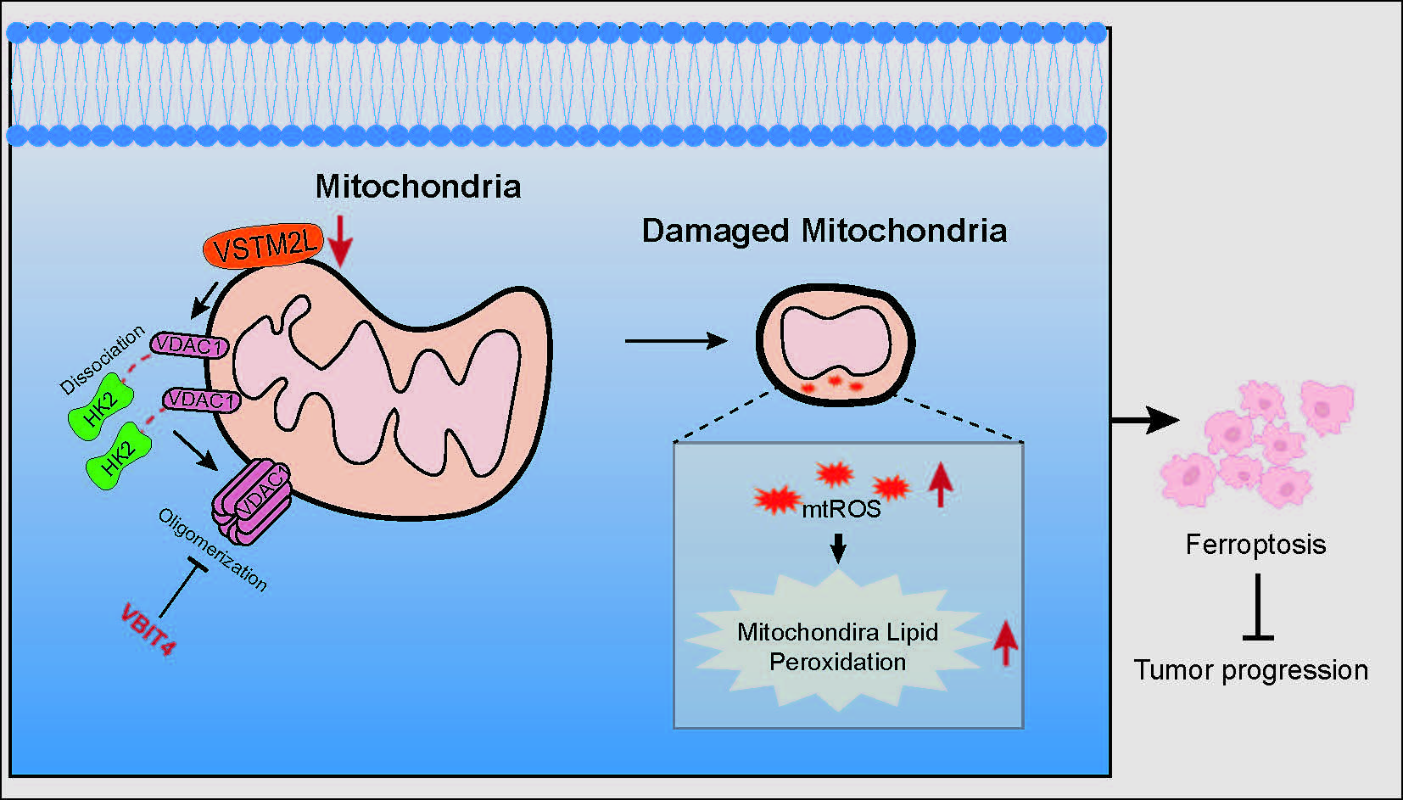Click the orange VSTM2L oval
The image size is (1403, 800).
[x=264, y=247]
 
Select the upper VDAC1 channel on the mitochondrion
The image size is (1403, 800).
[x=190, y=345]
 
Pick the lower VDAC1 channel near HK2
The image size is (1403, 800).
[x=202, y=399]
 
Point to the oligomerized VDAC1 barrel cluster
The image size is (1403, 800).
[x=252, y=500]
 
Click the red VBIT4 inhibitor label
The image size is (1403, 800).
[x=148, y=629]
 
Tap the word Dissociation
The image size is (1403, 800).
[x=102, y=360]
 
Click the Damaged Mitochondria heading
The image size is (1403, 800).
[x=824, y=231]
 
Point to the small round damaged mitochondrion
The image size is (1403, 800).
[x=835, y=345]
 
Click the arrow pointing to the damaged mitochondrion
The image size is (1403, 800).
[x=676, y=341]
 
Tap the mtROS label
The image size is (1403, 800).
[x=841, y=509]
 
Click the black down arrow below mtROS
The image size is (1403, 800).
[x=838, y=548]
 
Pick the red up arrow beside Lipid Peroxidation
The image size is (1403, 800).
[x=1005, y=642]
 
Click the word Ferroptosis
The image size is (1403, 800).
[x=1255, y=544]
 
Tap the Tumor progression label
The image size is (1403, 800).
[x=1251, y=670]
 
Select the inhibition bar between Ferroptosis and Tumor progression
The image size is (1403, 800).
[x=1257, y=607]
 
